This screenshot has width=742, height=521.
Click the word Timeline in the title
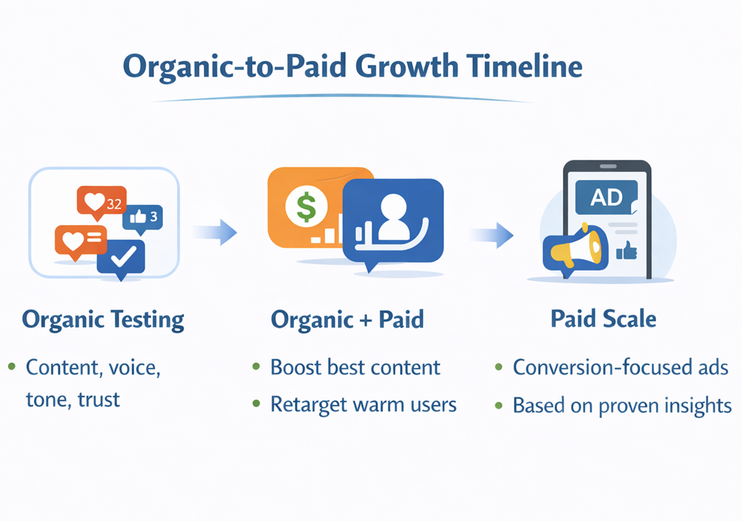(x=524, y=67)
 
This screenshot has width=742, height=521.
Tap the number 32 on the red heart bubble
(x=114, y=204)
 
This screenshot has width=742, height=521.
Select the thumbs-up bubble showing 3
(x=143, y=217)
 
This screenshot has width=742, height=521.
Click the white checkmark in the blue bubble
(x=123, y=257)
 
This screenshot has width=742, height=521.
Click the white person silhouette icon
(x=393, y=218)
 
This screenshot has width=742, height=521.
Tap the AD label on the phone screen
(x=606, y=197)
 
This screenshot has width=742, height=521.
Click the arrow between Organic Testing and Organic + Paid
(x=216, y=233)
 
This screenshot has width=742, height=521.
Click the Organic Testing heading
(x=103, y=320)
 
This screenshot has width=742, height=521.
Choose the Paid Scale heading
(x=603, y=319)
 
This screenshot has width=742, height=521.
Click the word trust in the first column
(x=99, y=400)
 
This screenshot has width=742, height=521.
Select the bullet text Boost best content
(x=355, y=367)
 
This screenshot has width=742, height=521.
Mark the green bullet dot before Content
(x=12, y=366)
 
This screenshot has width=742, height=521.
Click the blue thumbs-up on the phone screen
(x=626, y=251)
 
